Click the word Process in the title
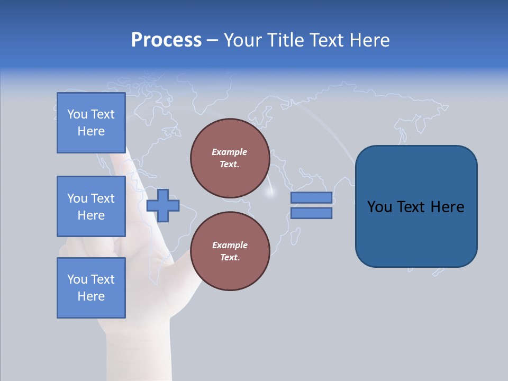(166, 40)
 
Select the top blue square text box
(91, 123)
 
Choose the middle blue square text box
(91, 206)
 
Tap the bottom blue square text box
(91, 288)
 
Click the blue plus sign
(163, 205)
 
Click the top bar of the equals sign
(311, 197)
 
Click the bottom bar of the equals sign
(311, 213)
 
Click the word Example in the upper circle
(230, 152)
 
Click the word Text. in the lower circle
(230, 258)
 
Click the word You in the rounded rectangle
(379, 207)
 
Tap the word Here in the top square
(91, 131)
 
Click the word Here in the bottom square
(91, 296)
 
